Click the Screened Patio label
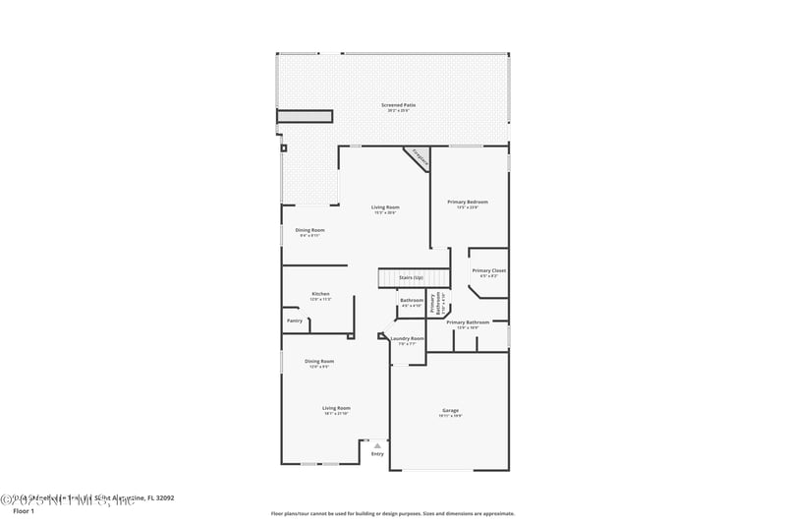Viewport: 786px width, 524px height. (398, 105)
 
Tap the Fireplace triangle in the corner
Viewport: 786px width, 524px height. (419, 158)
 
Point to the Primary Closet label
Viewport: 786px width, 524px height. (488, 270)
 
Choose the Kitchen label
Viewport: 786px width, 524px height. (320, 294)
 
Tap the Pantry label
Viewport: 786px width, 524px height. (295, 320)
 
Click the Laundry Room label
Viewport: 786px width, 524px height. (407, 338)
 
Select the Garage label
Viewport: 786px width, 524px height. (450, 410)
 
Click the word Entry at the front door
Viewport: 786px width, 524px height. (377, 454)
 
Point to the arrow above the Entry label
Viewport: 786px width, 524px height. (377, 445)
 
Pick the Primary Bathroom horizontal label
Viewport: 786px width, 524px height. (468, 322)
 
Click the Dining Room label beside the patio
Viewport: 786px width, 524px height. (310, 230)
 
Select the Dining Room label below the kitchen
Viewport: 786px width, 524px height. (319, 361)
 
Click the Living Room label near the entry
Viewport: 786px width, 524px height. (336, 408)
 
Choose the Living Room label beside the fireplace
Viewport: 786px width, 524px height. (385, 207)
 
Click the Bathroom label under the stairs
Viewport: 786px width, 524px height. (412, 300)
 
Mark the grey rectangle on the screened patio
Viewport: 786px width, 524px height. (303, 117)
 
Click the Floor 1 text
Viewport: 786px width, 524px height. (24, 511)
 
